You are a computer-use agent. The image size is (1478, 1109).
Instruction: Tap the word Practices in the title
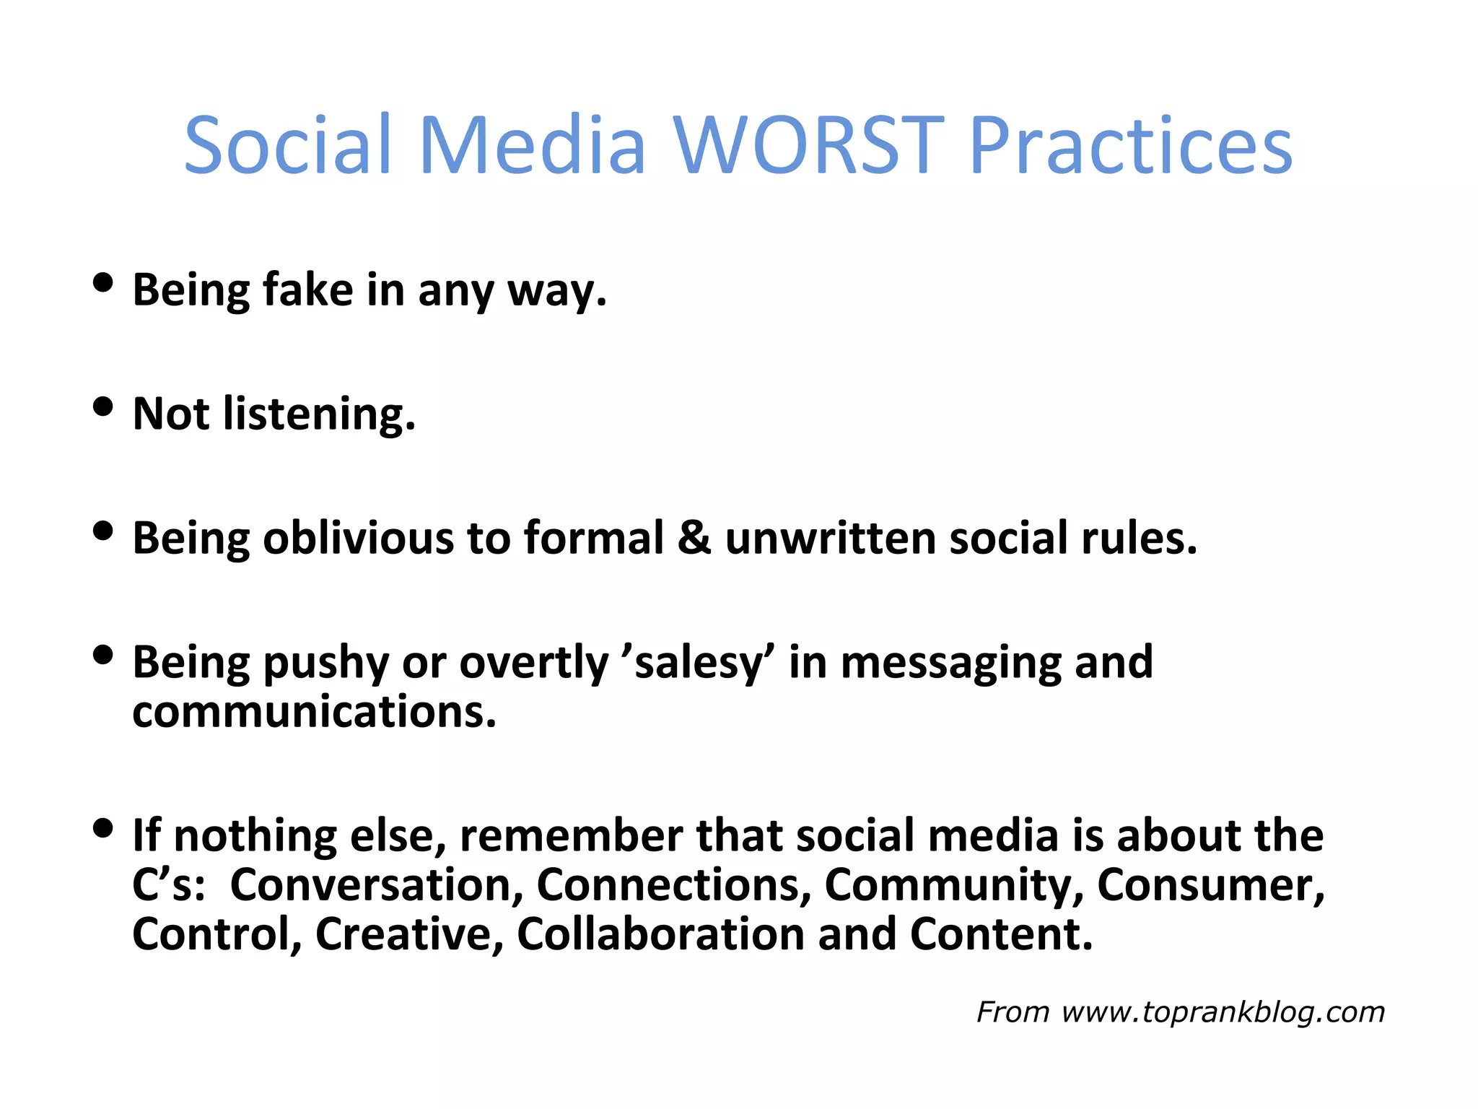click(x=1130, y=147)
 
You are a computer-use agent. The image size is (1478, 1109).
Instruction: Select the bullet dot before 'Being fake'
click(x=103, y=282)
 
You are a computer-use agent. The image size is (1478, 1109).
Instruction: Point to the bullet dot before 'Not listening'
click(x=103, y=406)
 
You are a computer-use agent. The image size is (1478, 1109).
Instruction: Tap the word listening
click(x=319, y=414)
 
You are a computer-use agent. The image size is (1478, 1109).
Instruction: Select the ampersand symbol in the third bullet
click(x=694, y=539)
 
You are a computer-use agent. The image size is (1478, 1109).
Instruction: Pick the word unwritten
click(x=830, y=539)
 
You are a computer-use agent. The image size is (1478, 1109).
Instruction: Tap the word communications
click(x=314, y=712)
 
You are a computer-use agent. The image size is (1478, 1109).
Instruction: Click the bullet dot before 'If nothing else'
click(x=103, y=827)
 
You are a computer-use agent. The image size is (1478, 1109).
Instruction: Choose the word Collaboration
click(x=660, y=934)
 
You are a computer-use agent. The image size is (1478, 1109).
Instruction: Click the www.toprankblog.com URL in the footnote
click(x=1223, y=1012)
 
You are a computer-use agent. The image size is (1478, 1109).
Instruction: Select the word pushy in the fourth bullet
click(x=325, y=663)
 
